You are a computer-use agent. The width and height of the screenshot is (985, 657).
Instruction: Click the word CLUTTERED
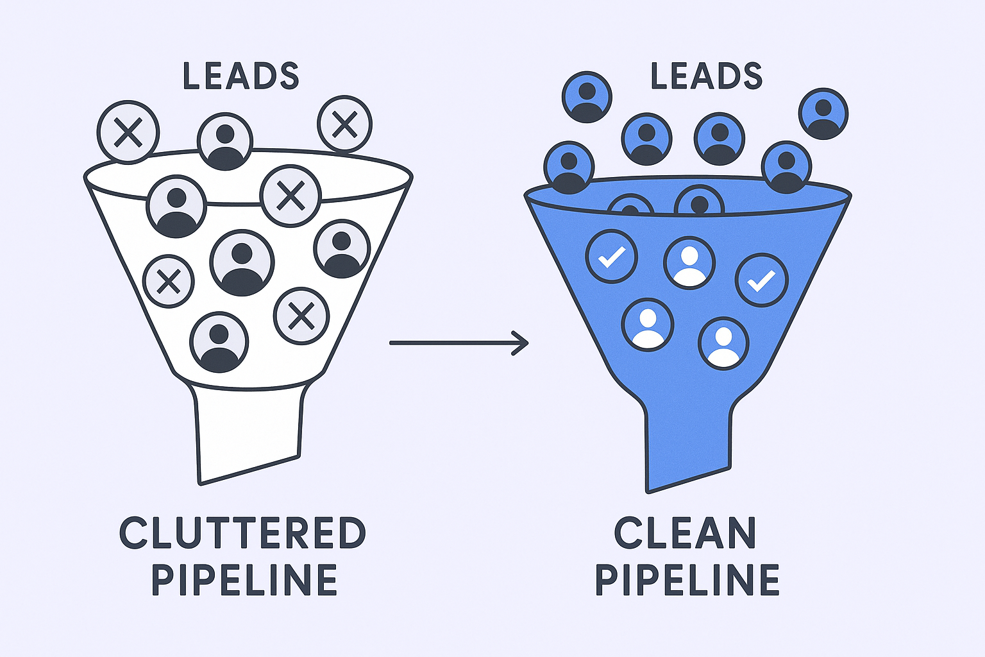click(242, 533)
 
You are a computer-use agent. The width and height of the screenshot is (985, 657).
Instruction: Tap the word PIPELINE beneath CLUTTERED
click(244, 581)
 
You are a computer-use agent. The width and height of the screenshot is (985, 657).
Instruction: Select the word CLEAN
click(686, 533)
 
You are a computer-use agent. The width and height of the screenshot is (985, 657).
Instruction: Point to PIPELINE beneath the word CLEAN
click(687, 581)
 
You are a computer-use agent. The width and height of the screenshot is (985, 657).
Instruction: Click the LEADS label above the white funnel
click(241, 76)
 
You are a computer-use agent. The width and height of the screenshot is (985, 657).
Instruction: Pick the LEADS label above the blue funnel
click(707, 76)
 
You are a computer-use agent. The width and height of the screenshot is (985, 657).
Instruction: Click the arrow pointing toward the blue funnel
click(459, 343)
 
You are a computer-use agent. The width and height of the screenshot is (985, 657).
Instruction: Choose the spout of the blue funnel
click(687, 443)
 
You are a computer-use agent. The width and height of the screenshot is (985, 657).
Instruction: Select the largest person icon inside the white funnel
click(242, 264)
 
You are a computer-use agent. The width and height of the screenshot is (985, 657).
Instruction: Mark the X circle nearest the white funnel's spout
click(301, 316)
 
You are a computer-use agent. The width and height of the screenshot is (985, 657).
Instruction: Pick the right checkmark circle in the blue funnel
click(762, 280)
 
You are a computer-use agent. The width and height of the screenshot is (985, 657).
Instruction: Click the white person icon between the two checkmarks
click(689, 263)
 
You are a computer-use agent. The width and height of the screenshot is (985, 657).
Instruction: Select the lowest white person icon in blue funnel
click(723, 343)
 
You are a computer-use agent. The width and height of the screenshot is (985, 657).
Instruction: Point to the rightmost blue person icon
click(823, 114)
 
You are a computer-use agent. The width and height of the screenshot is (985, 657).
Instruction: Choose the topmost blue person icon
click(587, 97)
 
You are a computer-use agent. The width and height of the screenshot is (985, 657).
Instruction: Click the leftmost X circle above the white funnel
click(128, 132)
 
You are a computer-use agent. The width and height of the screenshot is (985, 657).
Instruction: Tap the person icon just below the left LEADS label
click(225, 142)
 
